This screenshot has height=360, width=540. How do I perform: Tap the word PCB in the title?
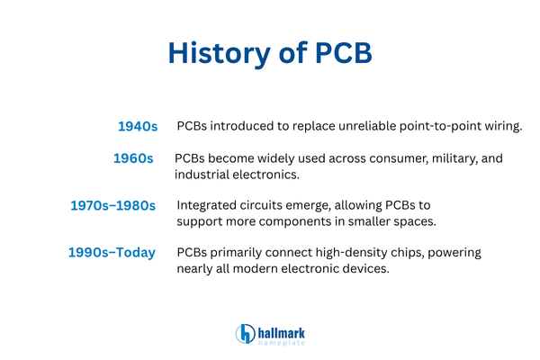[342, 53]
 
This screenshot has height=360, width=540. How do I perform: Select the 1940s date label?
[138, 127]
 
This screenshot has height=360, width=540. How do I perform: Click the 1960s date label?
[133, 159]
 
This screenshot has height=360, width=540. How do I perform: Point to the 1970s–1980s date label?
[113, 206]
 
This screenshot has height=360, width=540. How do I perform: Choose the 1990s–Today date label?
[112, 253]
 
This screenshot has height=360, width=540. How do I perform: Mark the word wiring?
[500, 126]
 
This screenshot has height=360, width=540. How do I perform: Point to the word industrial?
[205, 175]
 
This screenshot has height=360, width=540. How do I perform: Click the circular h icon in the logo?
[245, 333]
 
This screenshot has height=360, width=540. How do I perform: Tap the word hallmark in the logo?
[281, 328]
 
